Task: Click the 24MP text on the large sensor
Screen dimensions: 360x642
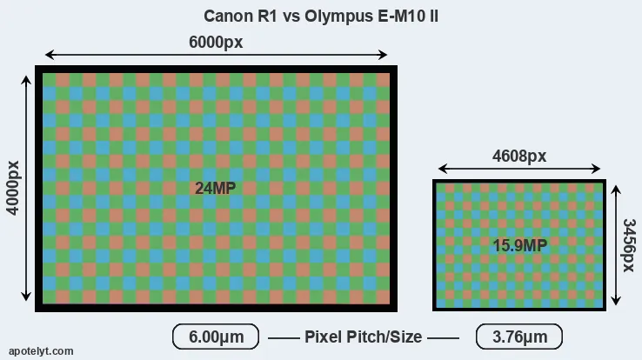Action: point(215,187)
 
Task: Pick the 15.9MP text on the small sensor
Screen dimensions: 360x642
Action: point(519,245)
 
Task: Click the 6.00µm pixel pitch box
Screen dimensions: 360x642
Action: point(216,337)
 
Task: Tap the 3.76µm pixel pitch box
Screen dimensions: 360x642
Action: point(519,337)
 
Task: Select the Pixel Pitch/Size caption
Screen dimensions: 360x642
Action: point(363,337)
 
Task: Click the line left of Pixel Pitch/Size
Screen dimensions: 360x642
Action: point(283,337)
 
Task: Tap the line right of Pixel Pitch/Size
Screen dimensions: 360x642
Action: point(444,337)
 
